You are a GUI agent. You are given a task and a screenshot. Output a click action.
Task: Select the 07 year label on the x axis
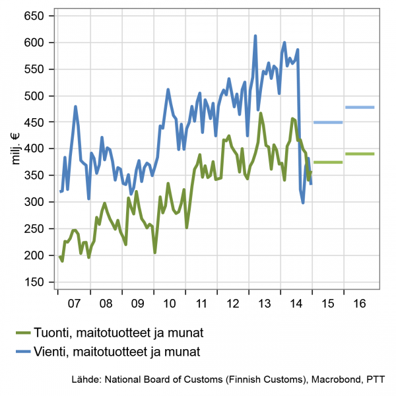[74, 306]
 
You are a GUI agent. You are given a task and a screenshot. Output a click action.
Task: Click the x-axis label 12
[233, 306]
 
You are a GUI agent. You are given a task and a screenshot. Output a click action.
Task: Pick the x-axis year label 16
[360, 306]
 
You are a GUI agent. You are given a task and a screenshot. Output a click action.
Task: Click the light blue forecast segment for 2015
[328, 122]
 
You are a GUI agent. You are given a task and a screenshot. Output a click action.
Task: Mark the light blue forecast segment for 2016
[360, 107]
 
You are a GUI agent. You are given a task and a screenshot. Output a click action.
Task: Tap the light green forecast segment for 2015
[328, 162]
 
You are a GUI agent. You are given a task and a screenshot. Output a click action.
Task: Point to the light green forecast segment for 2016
[360, 154]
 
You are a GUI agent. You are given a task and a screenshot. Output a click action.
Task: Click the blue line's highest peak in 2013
[255, 36]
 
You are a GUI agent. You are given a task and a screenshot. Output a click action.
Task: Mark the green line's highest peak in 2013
[261, 114]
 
